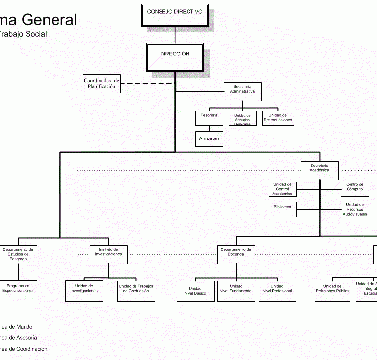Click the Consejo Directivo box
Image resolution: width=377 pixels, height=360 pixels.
175,15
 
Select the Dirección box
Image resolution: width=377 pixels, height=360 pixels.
175,57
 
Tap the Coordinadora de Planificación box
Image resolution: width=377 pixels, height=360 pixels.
102,83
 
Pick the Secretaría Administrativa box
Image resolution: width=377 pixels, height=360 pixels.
242,91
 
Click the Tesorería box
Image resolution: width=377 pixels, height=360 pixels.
209,118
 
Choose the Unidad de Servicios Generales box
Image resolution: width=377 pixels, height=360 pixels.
242,118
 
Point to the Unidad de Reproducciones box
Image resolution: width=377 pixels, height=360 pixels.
278,118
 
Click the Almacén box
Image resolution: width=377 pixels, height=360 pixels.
209,139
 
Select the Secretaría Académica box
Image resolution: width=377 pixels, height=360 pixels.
320,170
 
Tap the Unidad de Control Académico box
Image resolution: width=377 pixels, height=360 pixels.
282,189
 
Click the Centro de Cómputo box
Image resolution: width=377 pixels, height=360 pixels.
354,189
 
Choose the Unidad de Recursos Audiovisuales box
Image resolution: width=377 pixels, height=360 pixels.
354,209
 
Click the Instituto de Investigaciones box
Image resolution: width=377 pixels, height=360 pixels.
109,254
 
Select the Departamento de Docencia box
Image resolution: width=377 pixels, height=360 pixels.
236,254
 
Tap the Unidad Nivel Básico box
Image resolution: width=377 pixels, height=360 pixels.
195,291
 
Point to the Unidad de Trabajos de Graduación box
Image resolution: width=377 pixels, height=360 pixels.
136,291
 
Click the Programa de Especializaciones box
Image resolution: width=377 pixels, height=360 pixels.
18,291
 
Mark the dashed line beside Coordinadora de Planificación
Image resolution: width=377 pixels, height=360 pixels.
147,84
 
